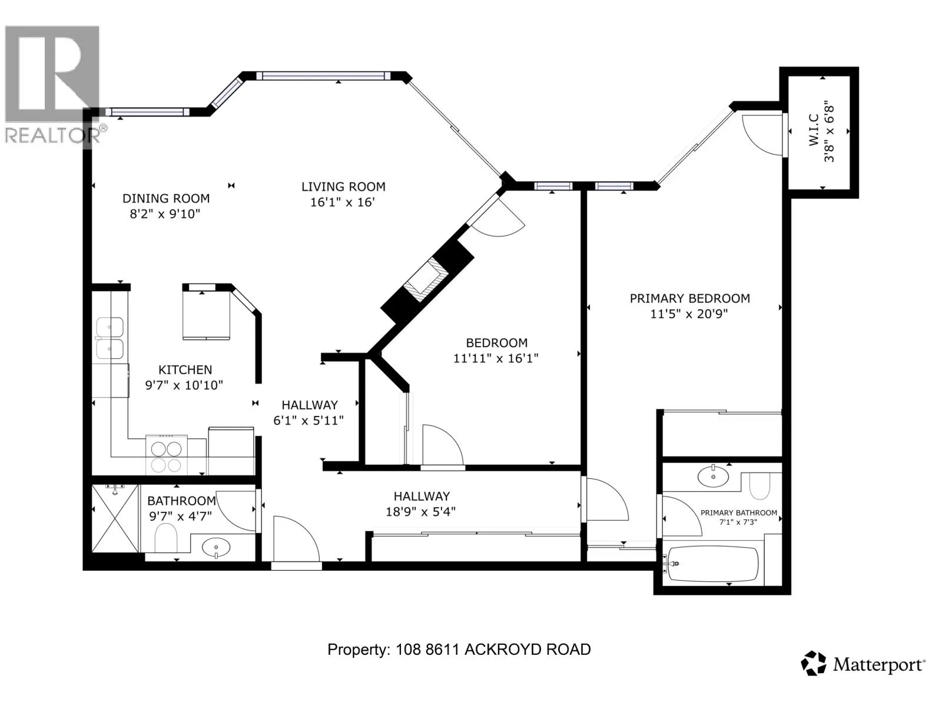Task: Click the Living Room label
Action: click(x=343, y=187)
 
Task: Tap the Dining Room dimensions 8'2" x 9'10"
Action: click(x=165, y=214)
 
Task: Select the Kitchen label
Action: click(x=185, y=369)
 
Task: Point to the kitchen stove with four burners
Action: click(x=167, y=454)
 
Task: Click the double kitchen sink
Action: click(x=110, y=338)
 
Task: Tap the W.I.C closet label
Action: click(x=814, y=130)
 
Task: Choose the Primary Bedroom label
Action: click(x=689, y=298)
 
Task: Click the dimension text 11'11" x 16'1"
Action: click(x=496, y=358)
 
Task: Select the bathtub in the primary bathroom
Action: click(x=711, y=563)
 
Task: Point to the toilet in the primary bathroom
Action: click(x=759, y=486)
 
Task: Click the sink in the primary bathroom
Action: click(x=713, y=476)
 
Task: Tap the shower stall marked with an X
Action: click(x=115, y=518)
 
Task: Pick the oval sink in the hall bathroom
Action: click(x=216, y=547)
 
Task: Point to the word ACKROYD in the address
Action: click(x=496, y=650)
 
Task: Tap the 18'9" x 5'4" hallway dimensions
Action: click(x=420, y=511)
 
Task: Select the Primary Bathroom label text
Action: click(x=738, y=512)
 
